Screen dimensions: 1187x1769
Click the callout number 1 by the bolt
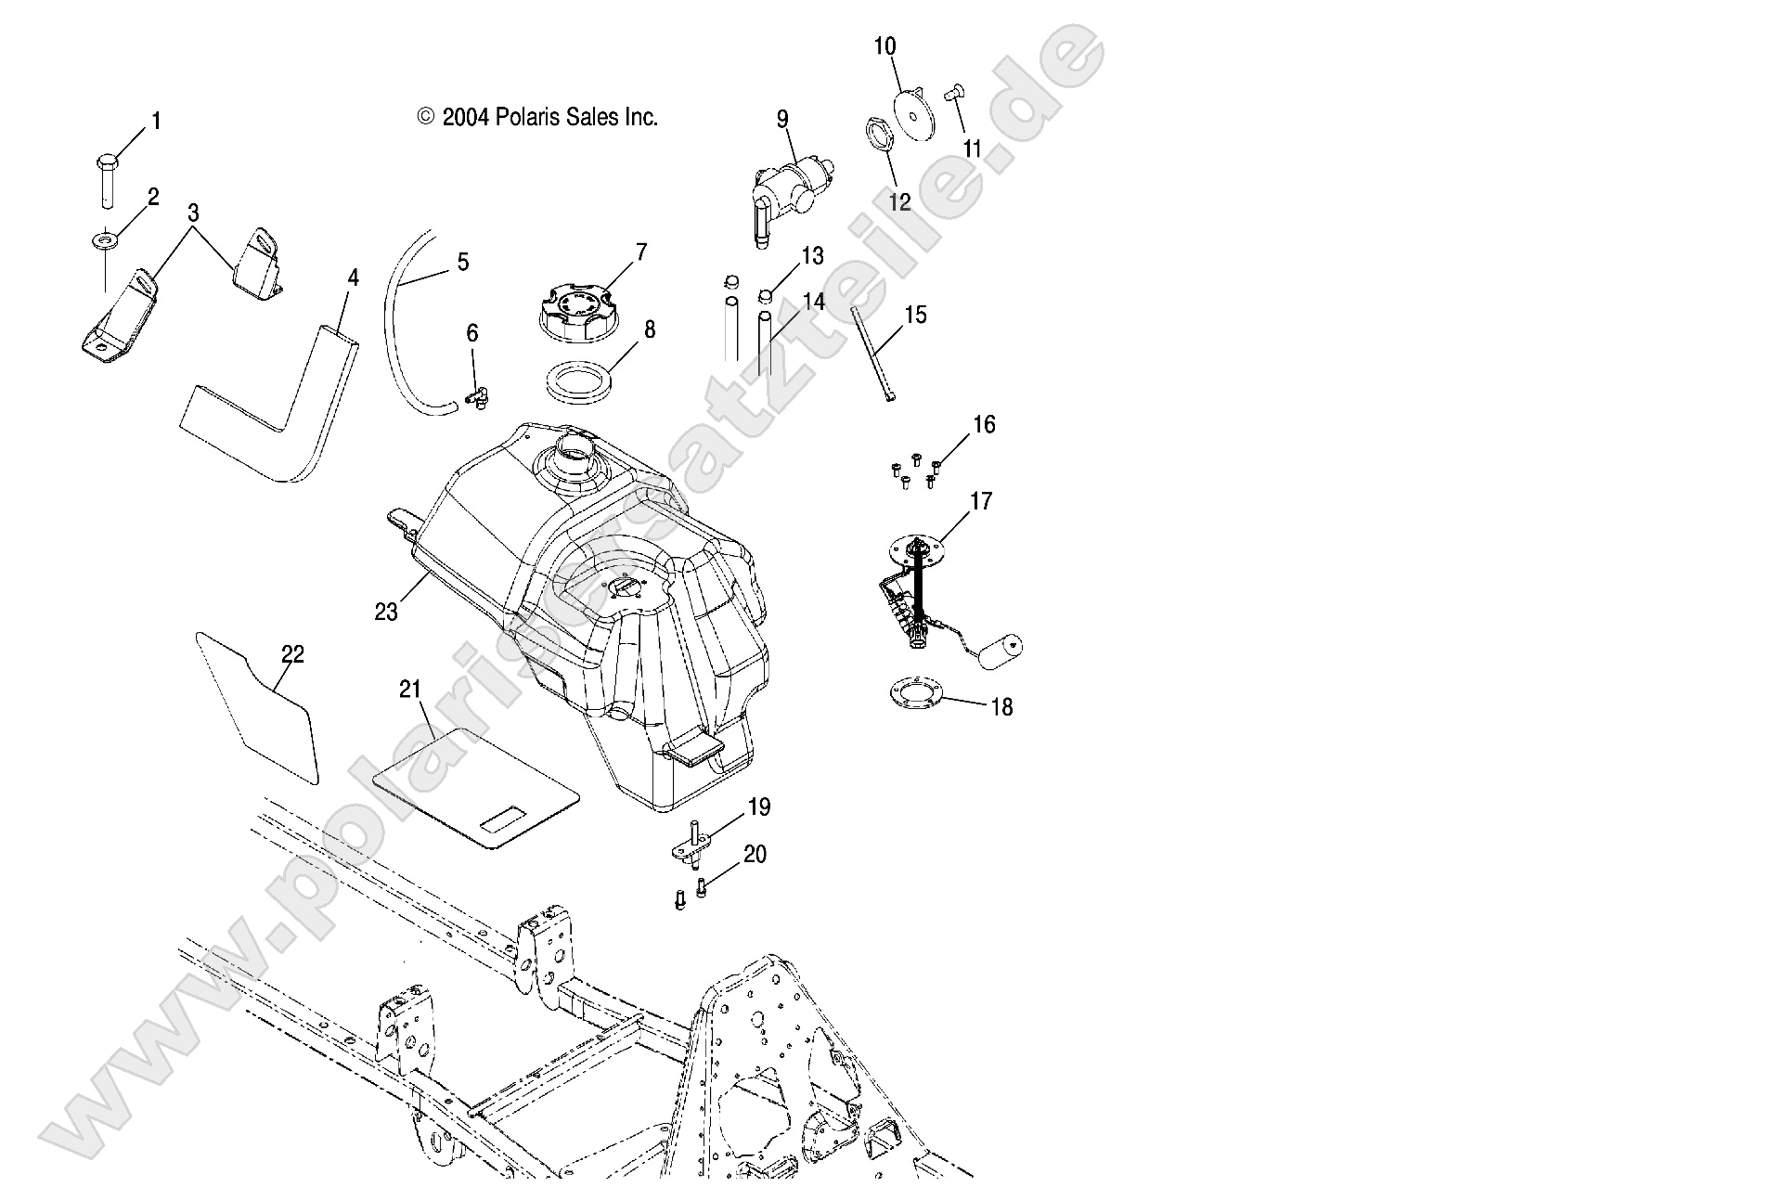point(156,122)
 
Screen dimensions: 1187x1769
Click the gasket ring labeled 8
point(581,382)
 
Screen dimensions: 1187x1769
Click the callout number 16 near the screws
point(984,425)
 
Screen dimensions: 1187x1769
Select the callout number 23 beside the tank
point(386,612)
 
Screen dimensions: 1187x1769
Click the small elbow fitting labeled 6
point(476,398)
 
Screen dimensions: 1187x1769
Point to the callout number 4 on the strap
point(353,277)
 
